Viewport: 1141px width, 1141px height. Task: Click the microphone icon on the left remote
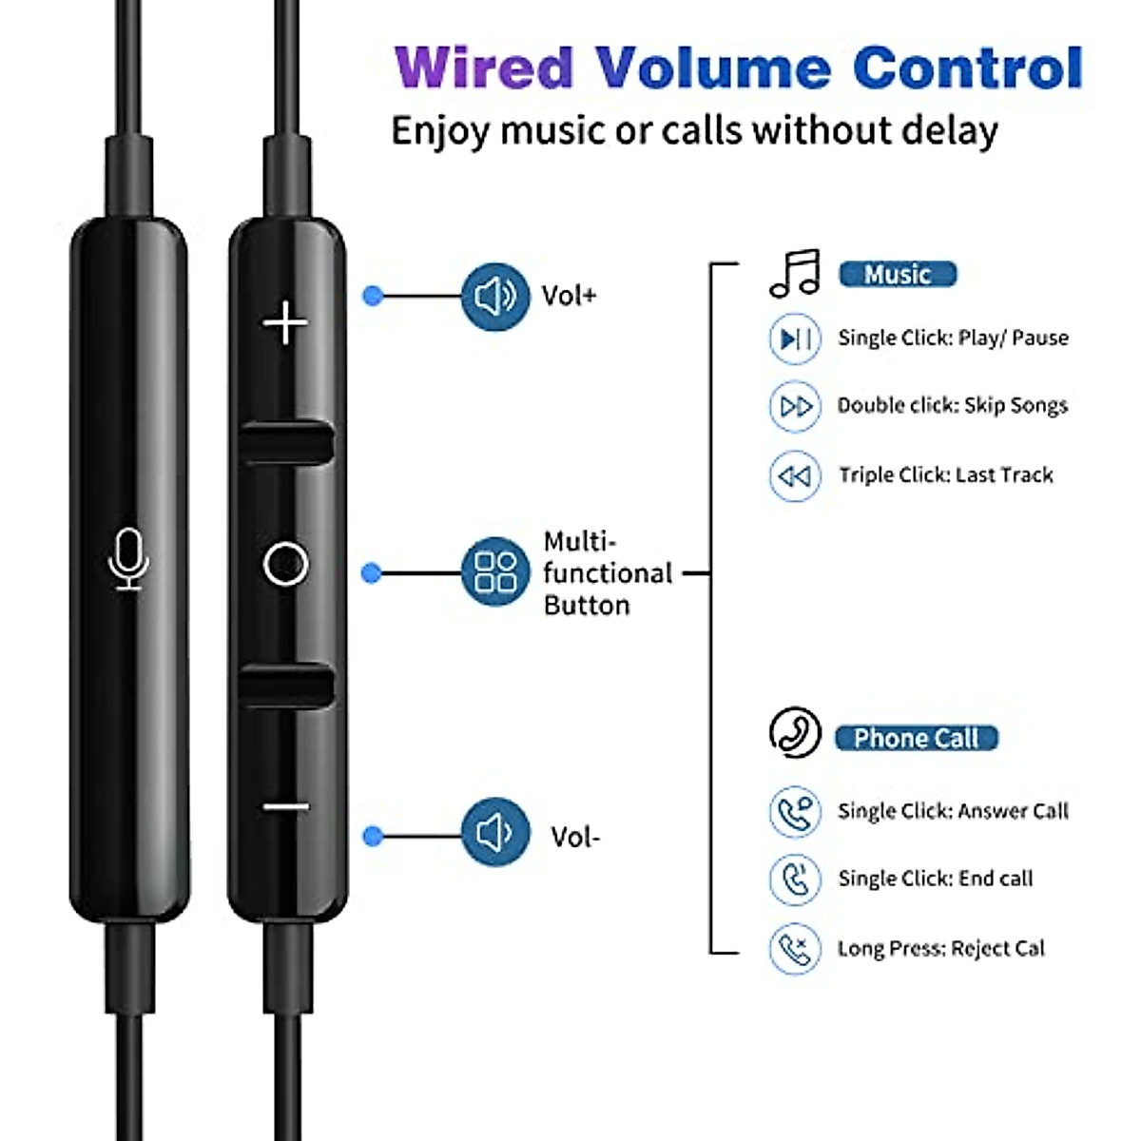pos(128,559)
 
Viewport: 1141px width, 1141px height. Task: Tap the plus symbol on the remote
pos(285,323)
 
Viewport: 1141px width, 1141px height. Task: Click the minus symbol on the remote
pos(285,808)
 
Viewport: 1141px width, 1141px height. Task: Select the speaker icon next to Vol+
pos(494,297)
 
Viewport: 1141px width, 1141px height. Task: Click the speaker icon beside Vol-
pos(494,834)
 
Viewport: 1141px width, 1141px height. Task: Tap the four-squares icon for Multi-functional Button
pos(494,572)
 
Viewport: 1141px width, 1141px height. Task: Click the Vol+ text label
pos(569,296)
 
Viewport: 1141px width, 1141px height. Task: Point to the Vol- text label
pos(574,837)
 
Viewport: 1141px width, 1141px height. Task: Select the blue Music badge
pos(897,275)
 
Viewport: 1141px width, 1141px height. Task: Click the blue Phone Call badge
pos(916,738)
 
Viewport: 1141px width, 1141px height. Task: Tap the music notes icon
pos(795,275)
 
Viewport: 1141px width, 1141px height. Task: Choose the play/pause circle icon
pos(794,338)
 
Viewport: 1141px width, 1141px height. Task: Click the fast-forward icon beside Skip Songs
pos(794,407)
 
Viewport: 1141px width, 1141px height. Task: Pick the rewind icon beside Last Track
pos(794,475)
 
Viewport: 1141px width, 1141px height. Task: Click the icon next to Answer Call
pos(794,811)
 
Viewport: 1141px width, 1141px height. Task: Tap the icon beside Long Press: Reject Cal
pos(794,948)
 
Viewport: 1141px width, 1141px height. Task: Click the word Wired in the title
pos(484,68)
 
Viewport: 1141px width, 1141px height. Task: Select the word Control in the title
pos(968,68)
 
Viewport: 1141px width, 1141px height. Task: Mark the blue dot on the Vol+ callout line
pos(373,297)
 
